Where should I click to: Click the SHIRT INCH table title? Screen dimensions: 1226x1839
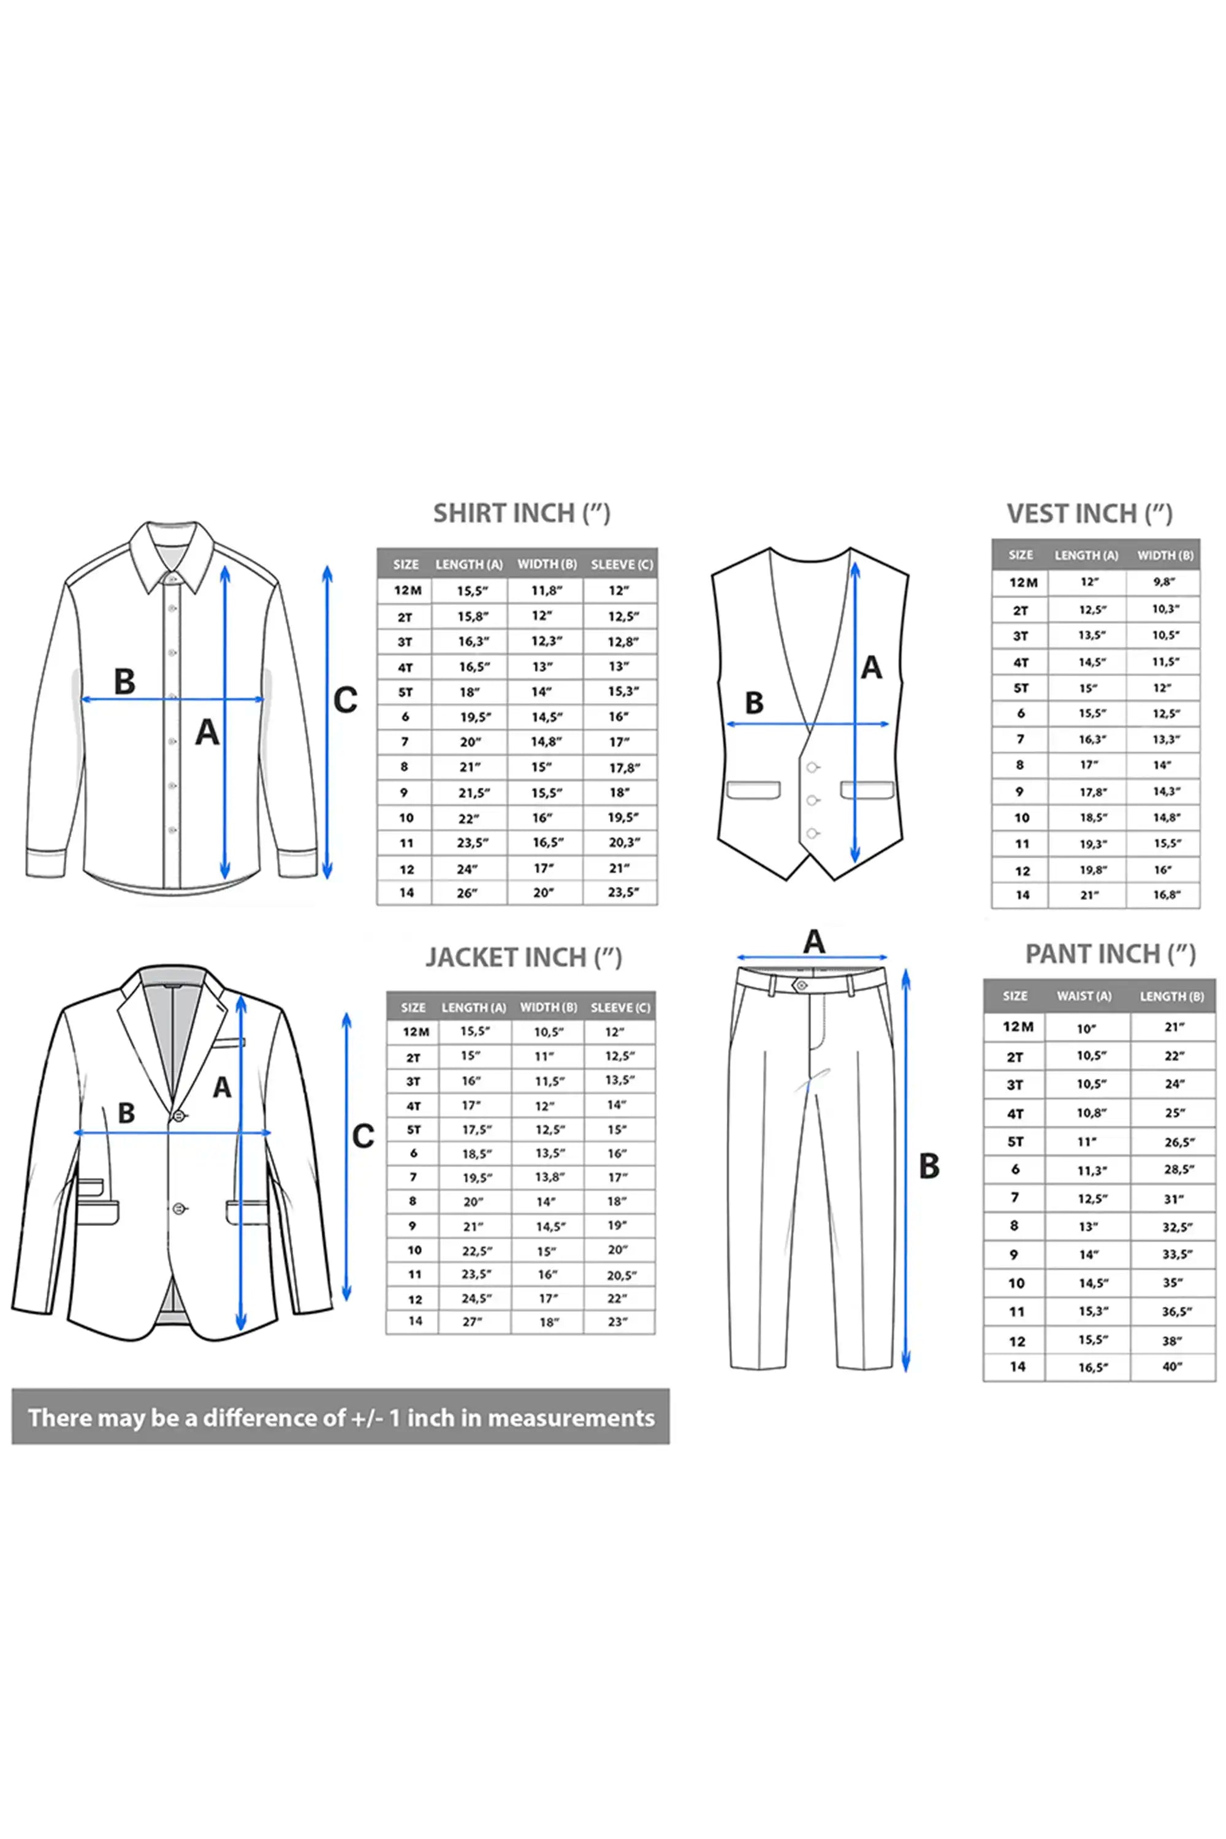(x=522, y=514)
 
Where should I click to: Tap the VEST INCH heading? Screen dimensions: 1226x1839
(x=1089, y=514)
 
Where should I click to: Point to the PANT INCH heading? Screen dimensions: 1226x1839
(x=1110, y=954)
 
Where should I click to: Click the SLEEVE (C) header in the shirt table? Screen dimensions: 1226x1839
(x=622, y=565)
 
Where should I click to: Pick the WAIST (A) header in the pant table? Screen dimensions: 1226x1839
(x=1084, y=996)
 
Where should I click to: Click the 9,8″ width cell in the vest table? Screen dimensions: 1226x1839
(x=1164, y=582)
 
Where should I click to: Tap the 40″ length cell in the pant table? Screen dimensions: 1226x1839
(x=1172, y=1367)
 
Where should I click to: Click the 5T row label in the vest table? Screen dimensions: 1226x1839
(x=1021, y=688)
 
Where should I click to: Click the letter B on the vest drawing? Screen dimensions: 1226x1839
(x=754, y=703)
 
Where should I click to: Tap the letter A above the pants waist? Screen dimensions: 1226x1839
(x=814, y=942)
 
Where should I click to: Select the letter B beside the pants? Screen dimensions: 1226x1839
(x=929, y=1167)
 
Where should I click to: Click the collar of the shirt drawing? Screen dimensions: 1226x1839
(x=171, y=557)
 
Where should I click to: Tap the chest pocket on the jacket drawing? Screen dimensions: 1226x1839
(x=227, y=1042)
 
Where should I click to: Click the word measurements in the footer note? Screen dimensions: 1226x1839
(x=571, y=1418)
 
